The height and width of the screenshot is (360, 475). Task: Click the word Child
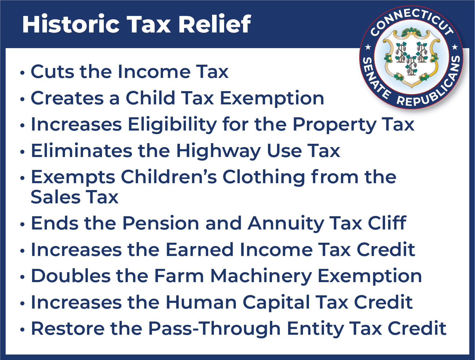click(150, 98)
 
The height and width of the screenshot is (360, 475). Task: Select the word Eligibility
click(172, 125)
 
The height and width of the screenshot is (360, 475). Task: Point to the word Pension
click(161, 223)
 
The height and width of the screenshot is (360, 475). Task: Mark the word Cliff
click(387, 223)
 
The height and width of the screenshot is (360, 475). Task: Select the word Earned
click(200, 249)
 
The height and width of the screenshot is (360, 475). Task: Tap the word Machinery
click(261, 276)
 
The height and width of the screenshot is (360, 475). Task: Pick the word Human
click(201, 302)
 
